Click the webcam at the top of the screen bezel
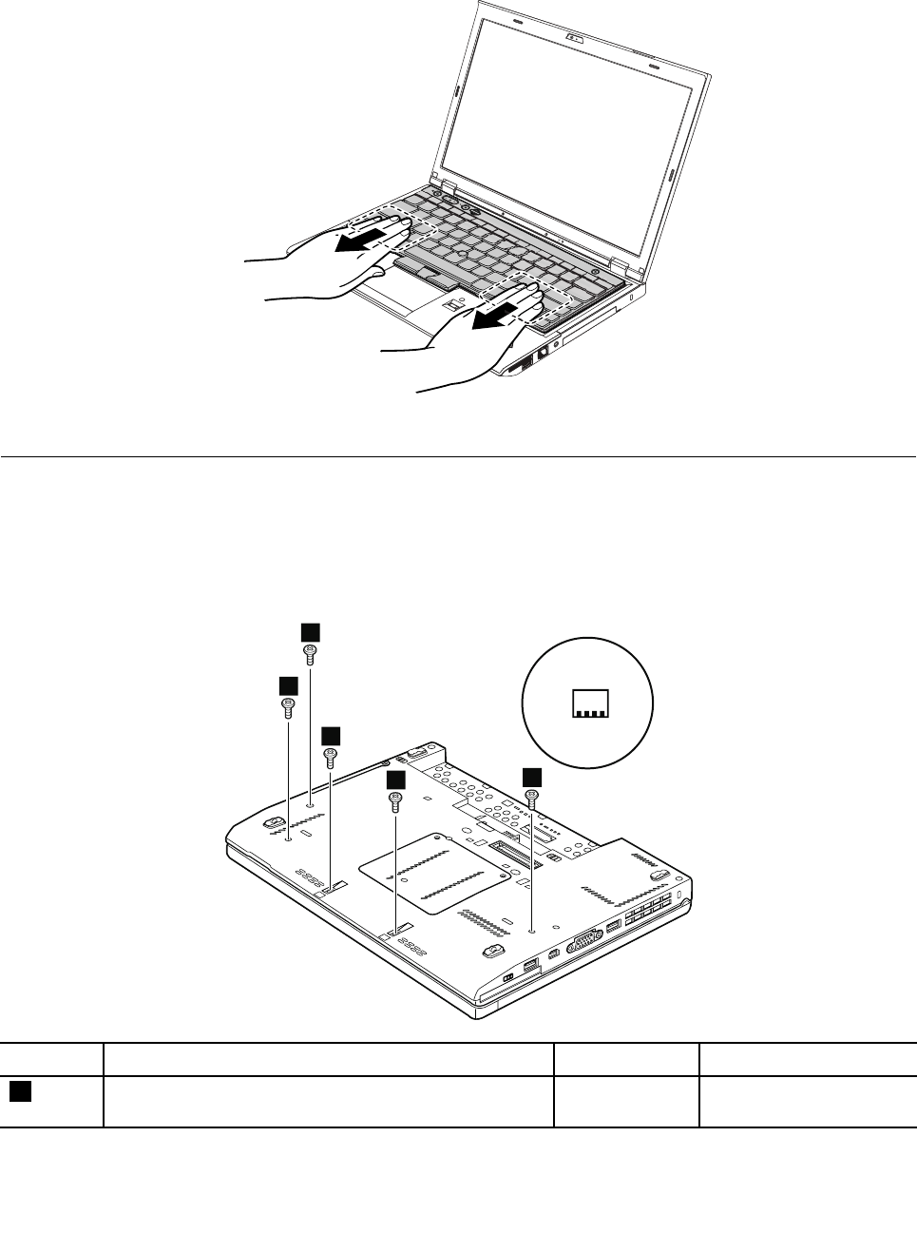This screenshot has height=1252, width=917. point(575,38)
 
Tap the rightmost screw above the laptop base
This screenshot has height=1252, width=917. point(531,799)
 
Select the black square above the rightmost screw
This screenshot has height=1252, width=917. point(532,777)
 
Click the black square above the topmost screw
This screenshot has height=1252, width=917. point(310,631)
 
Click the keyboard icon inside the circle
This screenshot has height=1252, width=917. point(588,703)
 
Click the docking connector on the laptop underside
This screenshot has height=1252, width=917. point(506,842)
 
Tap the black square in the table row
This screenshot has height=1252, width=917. point(20,1092)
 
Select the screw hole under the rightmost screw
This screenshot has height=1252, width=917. point(532,932)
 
